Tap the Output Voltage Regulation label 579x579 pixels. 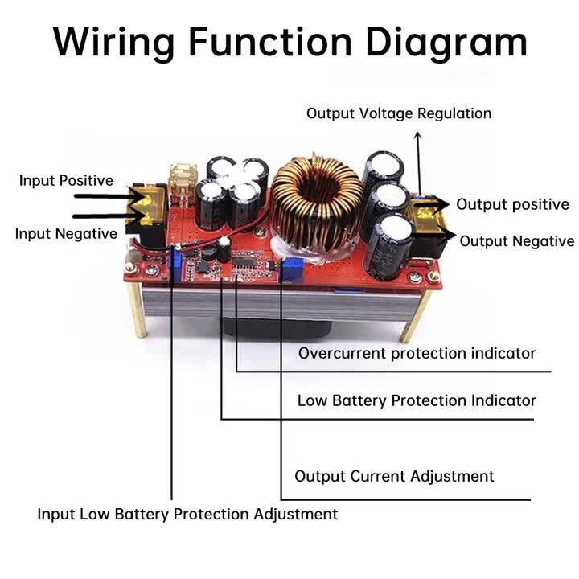[398, 113]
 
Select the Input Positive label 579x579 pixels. [66, 181]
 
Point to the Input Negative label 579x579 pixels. [66, 234]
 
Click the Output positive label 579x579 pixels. [512, 205]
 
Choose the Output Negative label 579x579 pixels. [516, 241]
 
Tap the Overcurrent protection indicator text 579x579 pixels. [417, 353]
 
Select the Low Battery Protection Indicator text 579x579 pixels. [417, 400]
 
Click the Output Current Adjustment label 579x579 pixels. [394, 476]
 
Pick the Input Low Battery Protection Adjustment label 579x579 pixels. [187, 514]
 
